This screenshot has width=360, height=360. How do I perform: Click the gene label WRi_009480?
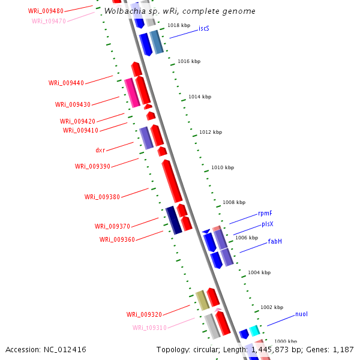[x=46, y=11]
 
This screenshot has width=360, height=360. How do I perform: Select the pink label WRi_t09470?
[x=49, y=21]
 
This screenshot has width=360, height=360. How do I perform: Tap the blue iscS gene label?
[x=204, y=28]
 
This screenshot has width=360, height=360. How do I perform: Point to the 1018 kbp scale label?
[x=178, y=25]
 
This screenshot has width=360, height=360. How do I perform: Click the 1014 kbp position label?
[x=200, y=97]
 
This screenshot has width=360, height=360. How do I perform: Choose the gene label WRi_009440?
[x=66, y=83]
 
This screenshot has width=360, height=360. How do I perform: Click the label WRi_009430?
[x=73, y=104]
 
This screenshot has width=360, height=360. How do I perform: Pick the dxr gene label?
[x=100, y=150]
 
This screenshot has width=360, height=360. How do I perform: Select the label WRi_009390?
[x=92, y=166]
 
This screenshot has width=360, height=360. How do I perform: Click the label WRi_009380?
[x=102, y=197]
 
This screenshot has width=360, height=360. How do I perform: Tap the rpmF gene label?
[x=265, y=213]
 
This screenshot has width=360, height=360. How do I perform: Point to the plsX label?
[x=268, y=224]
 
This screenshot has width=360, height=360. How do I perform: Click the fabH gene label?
[x=275, y=241]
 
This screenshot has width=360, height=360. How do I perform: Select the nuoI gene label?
[x=301, y=314]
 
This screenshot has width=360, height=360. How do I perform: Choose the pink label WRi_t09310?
[x=149, y=328]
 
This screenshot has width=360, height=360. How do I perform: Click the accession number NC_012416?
[x=46, y=349]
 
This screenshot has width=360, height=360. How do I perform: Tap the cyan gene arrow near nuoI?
[x=254, y=330]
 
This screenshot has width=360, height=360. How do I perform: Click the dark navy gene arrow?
[x=173, y=220]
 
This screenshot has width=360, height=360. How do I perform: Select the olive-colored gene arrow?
[x=202, y=300]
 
